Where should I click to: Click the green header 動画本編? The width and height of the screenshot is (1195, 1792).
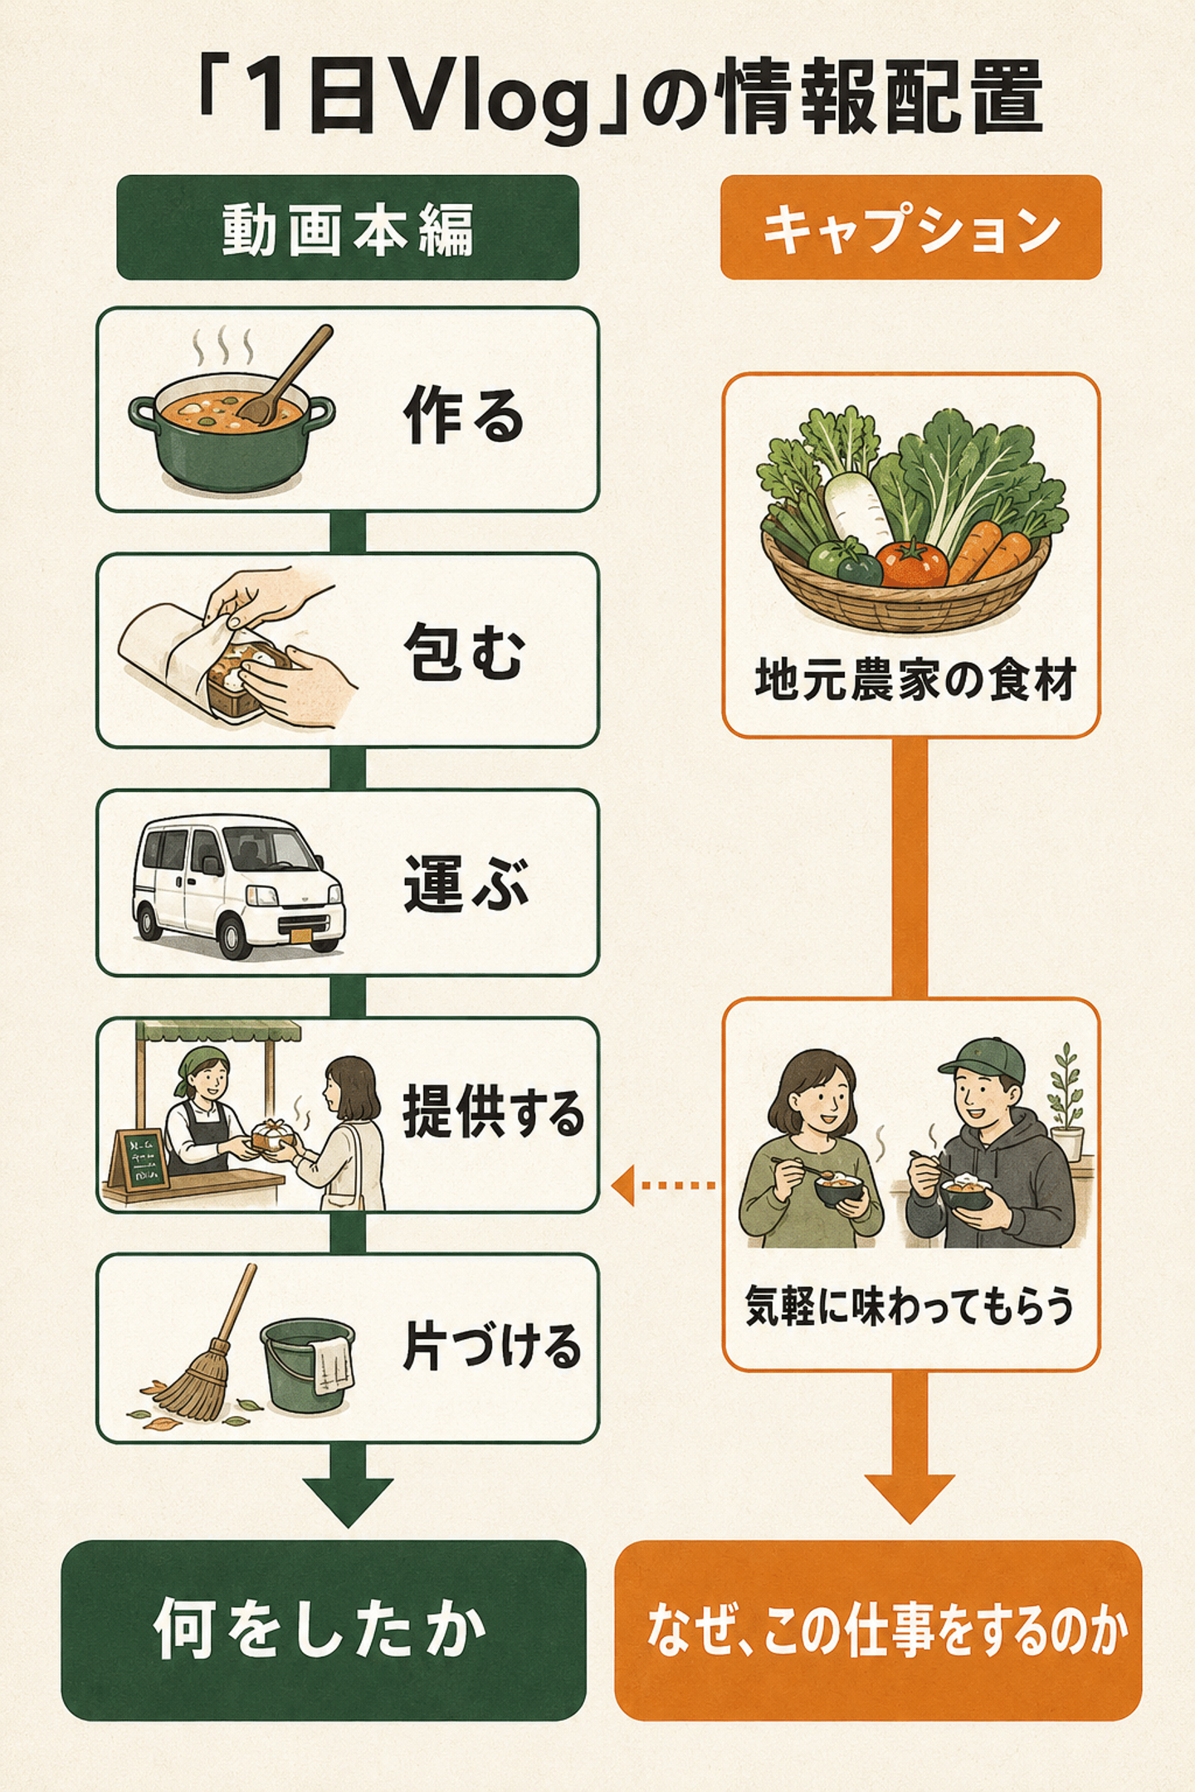tap(347, 227)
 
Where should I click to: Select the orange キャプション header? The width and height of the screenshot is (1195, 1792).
tap(910, 227)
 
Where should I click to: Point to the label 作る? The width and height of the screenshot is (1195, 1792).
tap(464, 415)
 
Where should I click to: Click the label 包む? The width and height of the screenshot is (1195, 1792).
tap(464, 651)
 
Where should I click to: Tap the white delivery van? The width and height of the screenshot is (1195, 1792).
tap(239, 886)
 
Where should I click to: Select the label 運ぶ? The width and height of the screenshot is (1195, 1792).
tap(466, 884)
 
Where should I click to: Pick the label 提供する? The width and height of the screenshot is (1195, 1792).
tap(493, 1114)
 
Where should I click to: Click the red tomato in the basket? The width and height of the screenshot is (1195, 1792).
tap(912, 563)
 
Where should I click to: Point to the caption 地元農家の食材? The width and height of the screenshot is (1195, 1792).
tap(915, 681)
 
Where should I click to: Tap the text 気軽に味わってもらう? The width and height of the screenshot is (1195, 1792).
tap(910, 1305)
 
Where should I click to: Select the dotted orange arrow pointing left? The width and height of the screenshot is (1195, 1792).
tap(664, 1186)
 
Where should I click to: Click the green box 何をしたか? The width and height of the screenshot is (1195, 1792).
tap(324, 1631)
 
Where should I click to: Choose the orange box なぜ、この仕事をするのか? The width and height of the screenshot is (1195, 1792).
tap(878, 1631)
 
